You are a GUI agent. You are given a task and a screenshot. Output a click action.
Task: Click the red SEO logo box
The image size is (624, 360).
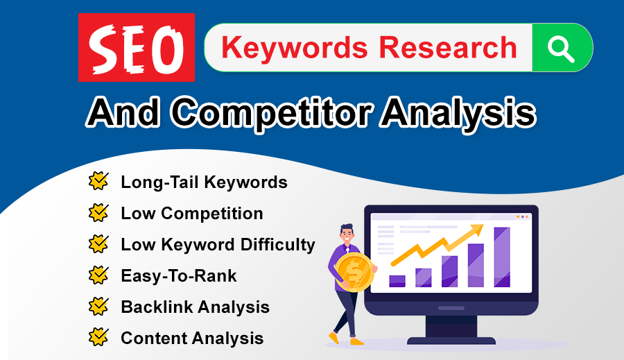137,48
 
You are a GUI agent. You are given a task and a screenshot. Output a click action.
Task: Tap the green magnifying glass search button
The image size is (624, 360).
562,47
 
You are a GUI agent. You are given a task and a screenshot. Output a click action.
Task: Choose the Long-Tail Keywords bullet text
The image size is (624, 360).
204,182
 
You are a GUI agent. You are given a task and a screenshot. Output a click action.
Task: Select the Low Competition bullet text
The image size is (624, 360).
191,214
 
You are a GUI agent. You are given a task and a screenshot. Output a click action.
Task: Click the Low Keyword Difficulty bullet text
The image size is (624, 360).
218,245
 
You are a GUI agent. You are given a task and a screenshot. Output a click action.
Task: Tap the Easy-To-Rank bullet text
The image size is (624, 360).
178,276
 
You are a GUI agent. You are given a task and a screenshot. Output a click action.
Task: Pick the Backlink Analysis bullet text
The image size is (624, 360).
195,307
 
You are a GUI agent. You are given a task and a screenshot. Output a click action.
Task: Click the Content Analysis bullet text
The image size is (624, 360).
192,338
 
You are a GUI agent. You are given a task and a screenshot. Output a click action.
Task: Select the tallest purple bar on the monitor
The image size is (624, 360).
501,257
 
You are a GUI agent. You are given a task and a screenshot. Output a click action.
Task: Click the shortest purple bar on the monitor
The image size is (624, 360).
397,280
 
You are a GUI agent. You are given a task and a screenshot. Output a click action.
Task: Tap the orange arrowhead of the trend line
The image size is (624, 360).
478,229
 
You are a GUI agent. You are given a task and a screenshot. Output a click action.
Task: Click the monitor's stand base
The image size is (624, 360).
451,339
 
